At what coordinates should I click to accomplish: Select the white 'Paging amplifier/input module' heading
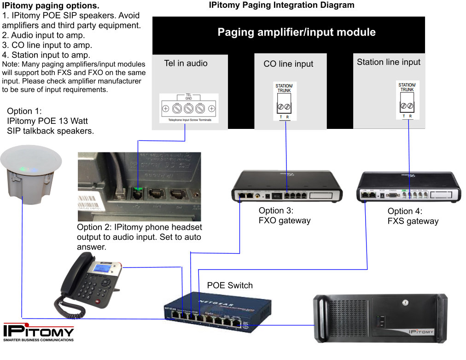click(x=297, y=32)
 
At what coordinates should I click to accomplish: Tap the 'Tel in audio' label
click(x=186, y=63)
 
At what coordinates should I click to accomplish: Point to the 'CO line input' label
click(x=288, y=64)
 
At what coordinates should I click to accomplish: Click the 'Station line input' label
click(x=389, y=62)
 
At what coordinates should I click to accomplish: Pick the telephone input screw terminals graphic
click(x=188, y=109)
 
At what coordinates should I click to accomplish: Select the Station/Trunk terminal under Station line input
click(x=407, y=99)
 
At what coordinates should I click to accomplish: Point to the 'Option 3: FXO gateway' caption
click(x=285, y=215)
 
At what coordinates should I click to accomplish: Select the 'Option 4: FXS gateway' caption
click(x=413, y=216)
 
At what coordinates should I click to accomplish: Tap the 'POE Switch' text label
click(x=230, y=285)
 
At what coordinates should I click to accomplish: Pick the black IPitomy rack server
click(x=380, y=318)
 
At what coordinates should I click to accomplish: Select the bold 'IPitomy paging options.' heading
click(x=51, y=6)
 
